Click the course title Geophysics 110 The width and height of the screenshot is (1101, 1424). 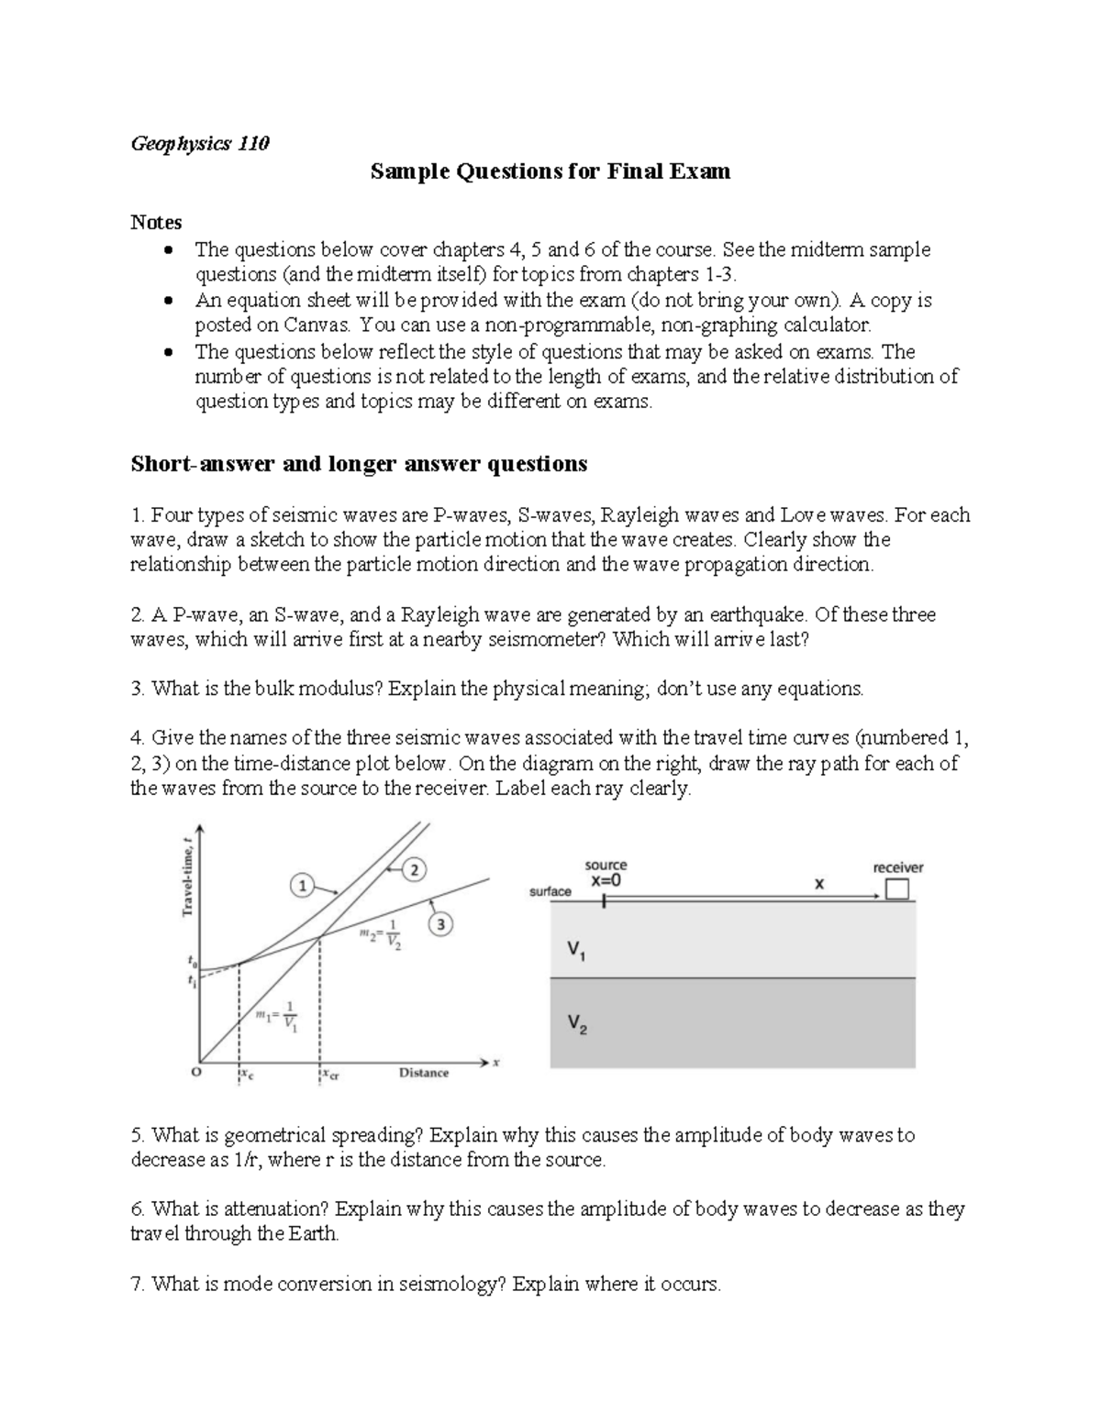pyautogui.click(x=200, y=144)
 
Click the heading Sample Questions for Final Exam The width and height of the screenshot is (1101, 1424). pyautogui.click(x=550, y=171)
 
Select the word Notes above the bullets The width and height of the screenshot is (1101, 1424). pyautogui.click(x=156, y=222)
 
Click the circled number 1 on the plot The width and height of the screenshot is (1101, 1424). pyautogui.click(x=302, y=885)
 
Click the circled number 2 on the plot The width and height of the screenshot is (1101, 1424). pyautogui.click(x=414, y=870)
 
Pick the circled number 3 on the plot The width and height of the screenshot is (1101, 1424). pyautogui.click(x=440, y=924)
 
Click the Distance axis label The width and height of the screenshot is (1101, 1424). pyautogui.click(x=424, y=1073)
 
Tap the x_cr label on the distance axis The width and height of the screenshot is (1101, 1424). pyautogui.click(x=330, y=1075)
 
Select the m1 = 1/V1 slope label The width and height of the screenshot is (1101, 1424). pyautogui.click(x=277, y=1019)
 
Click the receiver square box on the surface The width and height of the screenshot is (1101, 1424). pyautogui.click(x=896, y=889)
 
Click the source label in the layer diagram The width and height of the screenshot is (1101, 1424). pyautogui.click(x=606, y=865)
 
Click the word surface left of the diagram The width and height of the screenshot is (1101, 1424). pyautogui.click(x=550, y=891)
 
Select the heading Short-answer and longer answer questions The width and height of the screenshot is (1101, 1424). pyautogui.click(x=359, y=464)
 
